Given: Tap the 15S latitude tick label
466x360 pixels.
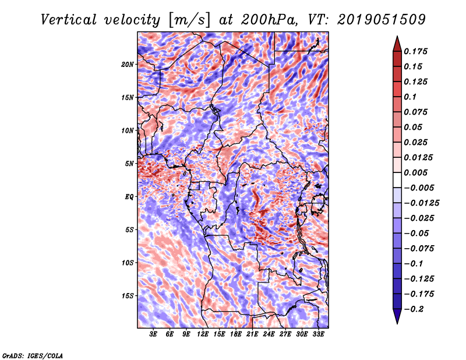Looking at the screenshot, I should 128,296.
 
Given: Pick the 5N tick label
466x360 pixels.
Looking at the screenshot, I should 130,164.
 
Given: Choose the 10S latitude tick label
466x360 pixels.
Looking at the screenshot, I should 128,263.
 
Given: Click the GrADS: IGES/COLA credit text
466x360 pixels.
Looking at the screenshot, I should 32,355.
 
